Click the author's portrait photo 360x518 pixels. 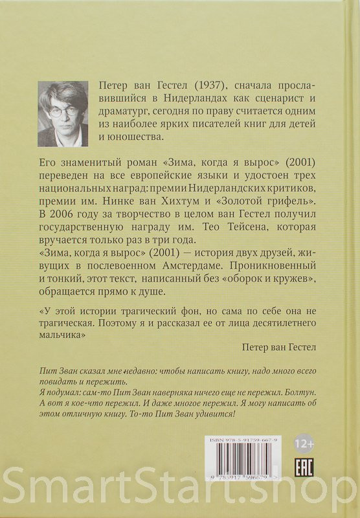click(x=63, y=114)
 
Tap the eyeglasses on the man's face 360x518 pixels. click(x=64, y=111)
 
